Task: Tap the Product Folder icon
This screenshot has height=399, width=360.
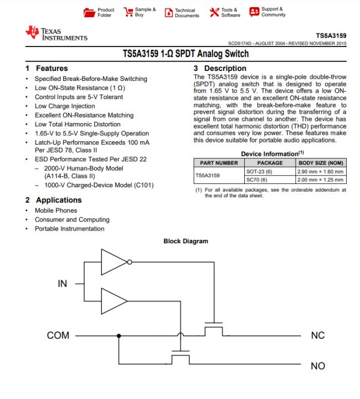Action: tap(89, 12)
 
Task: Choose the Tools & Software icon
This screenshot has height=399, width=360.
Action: tap(213, 12)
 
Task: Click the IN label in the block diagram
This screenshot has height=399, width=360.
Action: tap(63, 284)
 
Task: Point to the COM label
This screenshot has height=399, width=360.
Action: tap(58, 336)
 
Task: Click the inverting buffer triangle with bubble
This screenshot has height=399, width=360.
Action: tap(115, 262)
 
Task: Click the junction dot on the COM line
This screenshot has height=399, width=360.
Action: tap(118, 336)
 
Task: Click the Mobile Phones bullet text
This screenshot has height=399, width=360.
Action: tap(56, 211)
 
